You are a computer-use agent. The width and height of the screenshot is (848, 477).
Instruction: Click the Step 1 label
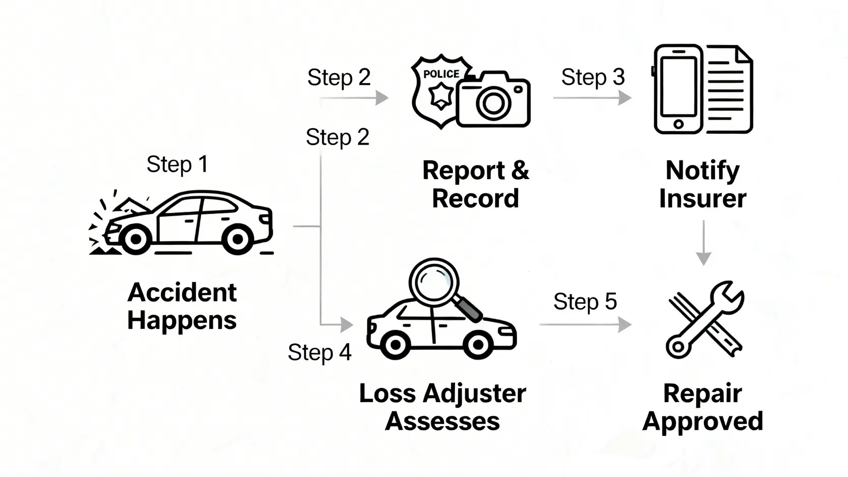[x=177, y=164]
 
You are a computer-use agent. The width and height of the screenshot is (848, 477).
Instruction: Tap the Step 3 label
[x=592, y=77]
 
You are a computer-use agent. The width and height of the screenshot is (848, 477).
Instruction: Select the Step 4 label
[x=319, y=352]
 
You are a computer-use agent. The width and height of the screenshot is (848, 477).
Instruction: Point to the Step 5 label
[x=585, y=301]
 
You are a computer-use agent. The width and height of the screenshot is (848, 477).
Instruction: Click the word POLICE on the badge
[x=441, y=74]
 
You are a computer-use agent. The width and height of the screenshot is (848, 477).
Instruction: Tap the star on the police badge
[x=441, y=96]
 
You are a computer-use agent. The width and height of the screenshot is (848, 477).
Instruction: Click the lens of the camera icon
[x=493, y=103]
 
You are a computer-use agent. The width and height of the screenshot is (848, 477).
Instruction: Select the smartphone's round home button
[x=678, y=124]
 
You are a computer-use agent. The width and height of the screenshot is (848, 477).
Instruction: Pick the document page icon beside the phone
[x=729, y=89]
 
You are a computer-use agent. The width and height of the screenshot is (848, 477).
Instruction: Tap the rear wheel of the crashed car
[x=238, y=239]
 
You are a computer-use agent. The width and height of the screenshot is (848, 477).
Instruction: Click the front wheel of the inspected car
[x=394, y=345]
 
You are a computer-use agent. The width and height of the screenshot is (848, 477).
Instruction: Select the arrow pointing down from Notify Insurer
[x=703, y=244]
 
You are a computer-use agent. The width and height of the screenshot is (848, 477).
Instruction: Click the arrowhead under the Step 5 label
[x=625, y=324]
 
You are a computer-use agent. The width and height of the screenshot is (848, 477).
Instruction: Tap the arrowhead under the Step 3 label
[x=625, y=97]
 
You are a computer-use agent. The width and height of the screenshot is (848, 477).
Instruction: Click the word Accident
[x=182, y=293]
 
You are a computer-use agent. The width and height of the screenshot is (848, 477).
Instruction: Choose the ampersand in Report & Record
[x=520, y=171]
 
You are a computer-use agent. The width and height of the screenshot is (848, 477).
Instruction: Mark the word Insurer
[x=702, y=199]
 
